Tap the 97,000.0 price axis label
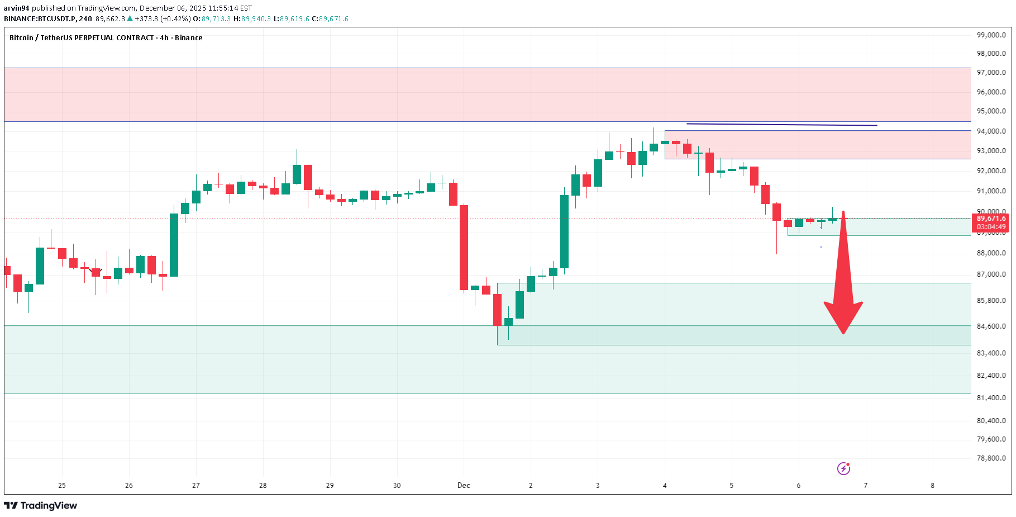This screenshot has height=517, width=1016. [x=991, y=73]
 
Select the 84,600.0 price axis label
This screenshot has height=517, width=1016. [x=991, y=326]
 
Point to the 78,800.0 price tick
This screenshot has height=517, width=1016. [x=991, y=458]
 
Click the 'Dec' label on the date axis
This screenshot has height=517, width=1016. [x=464, y=486]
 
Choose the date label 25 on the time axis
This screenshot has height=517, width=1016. [x=62, y=486]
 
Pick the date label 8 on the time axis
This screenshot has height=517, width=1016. [x=932, y=486]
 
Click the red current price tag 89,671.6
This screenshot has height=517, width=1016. [x=991, y=219]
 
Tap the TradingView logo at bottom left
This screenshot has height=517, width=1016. [x=41, y=506]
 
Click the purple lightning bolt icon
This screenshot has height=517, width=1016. [x=843, y=468]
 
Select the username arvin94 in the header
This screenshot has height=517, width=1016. [x=16, y=8]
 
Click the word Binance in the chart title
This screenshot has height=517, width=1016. [x=188, y=38]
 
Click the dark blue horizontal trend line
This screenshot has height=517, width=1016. [x=782, y=125]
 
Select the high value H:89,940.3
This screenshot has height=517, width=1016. [x=252, y=19]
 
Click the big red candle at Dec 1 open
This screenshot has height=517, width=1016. [x=464, y=248]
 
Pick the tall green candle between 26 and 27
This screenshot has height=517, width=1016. [x=174, y=245]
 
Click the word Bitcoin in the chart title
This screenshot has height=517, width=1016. [x=21, y=38]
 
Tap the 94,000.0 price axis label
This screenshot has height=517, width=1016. [x=991, y=131]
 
